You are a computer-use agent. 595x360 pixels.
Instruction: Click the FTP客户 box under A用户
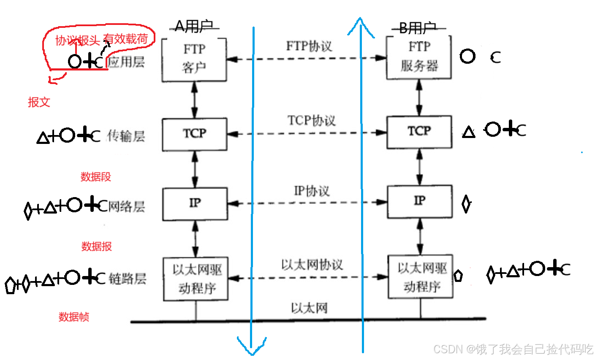[x=194, y=59]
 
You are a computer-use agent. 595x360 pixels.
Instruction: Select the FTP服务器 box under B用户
[x=419, y=57]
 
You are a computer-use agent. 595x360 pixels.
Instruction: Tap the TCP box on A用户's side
[x=195, y=134]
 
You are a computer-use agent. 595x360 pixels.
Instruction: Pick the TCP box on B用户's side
[x=419, y=132]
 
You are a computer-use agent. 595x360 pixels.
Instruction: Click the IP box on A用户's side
[x=195, y=204]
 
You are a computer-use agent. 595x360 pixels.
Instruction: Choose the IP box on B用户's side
[x=419, y=201]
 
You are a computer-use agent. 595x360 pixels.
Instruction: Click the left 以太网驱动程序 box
[x=196, y=279]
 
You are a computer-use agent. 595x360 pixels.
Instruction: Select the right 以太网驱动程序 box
[x=421, y=276]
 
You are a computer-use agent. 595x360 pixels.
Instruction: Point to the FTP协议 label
[x=309, y=46]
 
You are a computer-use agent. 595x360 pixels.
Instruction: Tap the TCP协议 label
[x=311, y=121]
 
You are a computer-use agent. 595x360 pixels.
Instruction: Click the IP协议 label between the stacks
[x=311, y=191]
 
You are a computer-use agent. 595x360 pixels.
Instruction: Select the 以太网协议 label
[x=312, y=265]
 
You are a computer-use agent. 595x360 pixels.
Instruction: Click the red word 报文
[x=39, y=102]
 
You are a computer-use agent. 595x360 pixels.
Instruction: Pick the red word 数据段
[x=96, y=177]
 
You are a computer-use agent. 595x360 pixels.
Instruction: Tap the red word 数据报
[x=97, y=246]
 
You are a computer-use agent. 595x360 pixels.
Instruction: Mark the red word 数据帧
[x=74, y=317]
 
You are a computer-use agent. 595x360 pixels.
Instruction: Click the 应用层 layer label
[x=126, y=62]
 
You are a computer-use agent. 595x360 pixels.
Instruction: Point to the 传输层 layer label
[x=126, y=136]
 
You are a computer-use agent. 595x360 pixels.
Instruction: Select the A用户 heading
[x=194, y=27]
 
